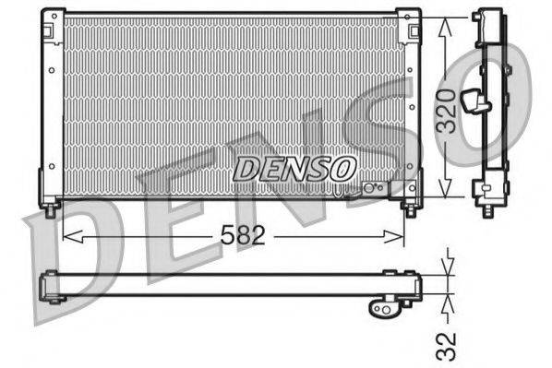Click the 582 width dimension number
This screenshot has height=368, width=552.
[244, 236]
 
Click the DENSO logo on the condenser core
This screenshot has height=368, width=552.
[294, 168]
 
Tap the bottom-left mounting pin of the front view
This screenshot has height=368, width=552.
[52, 209]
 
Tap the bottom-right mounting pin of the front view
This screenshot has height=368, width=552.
[409, 208]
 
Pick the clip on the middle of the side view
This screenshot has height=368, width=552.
[477, 100]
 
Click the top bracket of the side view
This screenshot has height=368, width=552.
[488, 20]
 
